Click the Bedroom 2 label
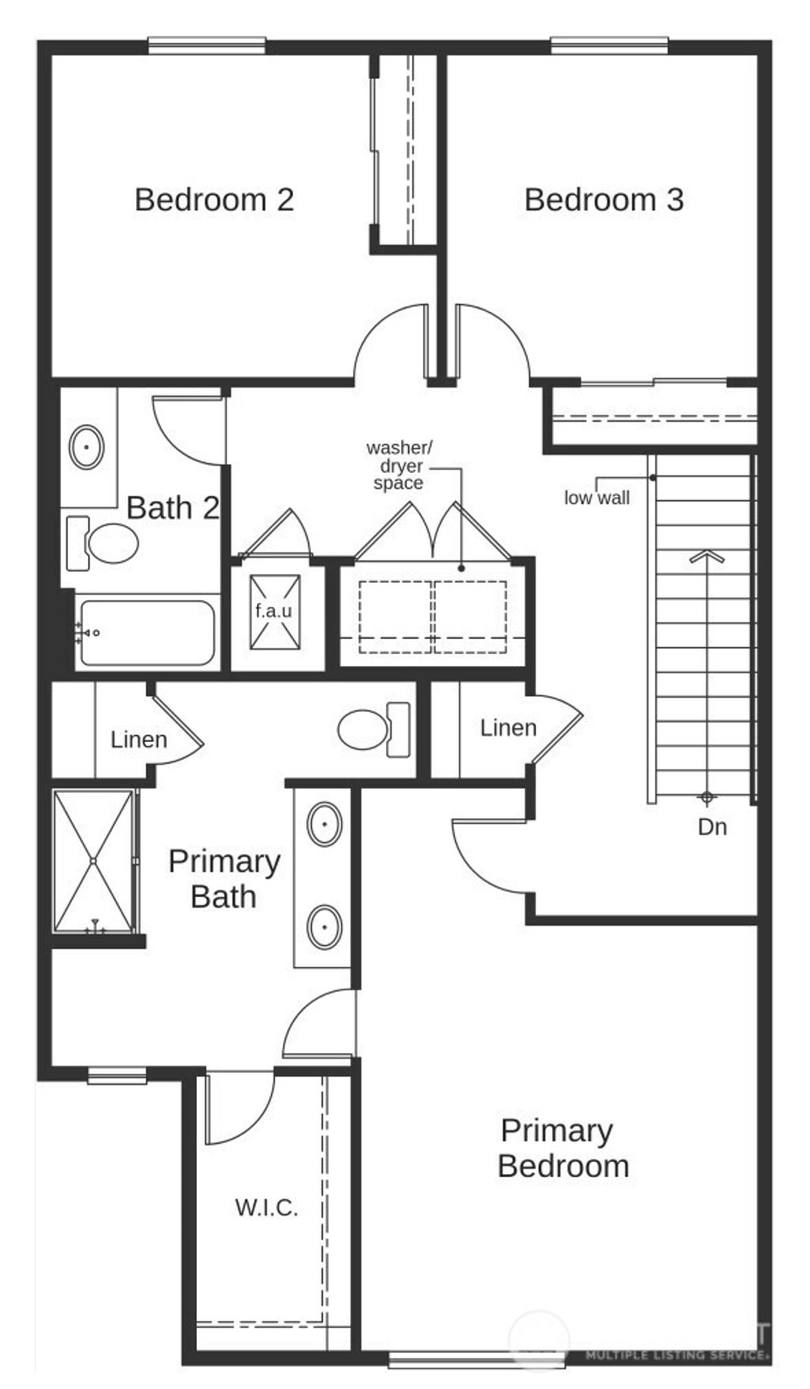click(x=214, y=199)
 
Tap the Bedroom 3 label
click(x=604, y=199)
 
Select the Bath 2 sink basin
click(x=86, y=448)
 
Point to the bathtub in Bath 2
click(x=147, y=633)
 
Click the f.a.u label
click(x=274, y=611)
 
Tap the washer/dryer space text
click(x=399, y=466)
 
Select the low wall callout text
click(x=596, y=498)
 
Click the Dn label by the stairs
click(x=712, y=827)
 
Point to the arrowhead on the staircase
click(x=706, y=556)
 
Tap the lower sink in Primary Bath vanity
click(x=324, y=925)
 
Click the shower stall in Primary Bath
click(x=93, y=861)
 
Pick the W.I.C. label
click(x=267, y=1208)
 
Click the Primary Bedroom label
click(x=562, y=1149)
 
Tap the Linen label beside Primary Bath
click(x=138, y=740)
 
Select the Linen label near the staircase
click(x=508, y=728)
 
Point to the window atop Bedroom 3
click(x=609, y=46)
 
